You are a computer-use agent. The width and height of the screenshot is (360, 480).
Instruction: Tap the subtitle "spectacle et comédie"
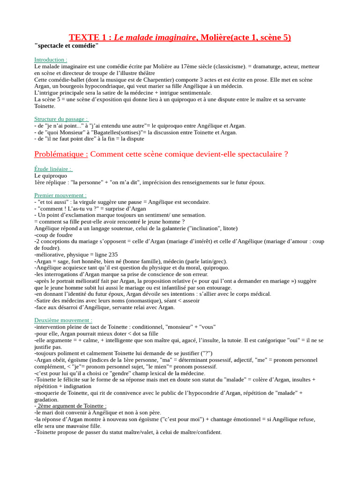tap(67, 45)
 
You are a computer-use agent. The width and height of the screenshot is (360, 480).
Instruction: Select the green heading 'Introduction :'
tap(51, 60)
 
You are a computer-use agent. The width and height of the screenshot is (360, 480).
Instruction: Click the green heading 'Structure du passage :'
tap(61, 119)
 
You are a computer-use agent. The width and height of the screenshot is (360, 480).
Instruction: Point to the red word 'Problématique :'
tap(61, 154)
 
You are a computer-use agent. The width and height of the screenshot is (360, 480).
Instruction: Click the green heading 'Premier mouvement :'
tap(60, 195)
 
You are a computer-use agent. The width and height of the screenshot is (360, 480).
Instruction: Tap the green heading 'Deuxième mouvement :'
tap(63, 320)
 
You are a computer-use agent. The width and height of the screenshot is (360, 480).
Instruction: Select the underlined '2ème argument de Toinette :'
tap(72, 406)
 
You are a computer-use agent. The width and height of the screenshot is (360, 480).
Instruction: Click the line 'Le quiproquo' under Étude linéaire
tap(51, 176)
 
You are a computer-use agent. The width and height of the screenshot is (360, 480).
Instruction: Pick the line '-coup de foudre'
tap(53, 235)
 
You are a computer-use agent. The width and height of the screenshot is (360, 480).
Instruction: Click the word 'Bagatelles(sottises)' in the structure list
tap(106, 132)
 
